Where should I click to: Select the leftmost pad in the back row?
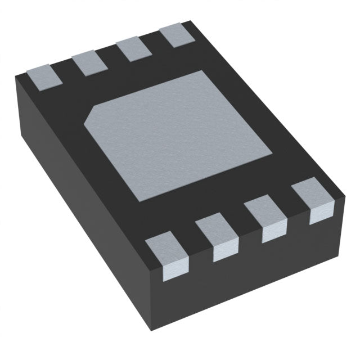pyautogui.click(x=43, y=78)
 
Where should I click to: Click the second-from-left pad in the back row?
pyautogui.click(x=89, y=62)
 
